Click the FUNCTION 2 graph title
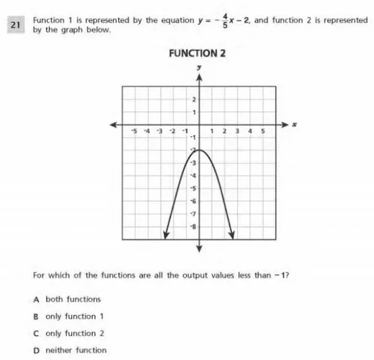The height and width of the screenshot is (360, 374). pos(199,54)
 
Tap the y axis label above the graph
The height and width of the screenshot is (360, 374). pos(200,67)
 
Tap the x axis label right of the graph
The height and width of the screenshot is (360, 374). pos(295,125)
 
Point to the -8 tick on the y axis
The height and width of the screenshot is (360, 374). pos(193,226)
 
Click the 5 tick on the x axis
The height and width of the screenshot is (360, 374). pos(263,131)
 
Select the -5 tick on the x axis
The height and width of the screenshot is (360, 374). pos(135,131)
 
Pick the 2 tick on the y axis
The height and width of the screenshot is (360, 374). pos(194,100)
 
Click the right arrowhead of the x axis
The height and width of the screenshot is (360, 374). pos(282,125)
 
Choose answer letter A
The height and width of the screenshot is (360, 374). pos(36,299)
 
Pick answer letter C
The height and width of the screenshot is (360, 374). pos(36,333)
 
